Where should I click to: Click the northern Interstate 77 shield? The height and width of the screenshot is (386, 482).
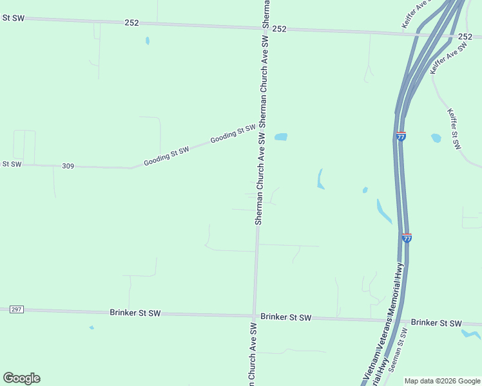coord(401,136)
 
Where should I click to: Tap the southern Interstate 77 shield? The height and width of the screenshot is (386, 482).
coord(407,237)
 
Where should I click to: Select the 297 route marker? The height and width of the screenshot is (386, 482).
coord(17,309)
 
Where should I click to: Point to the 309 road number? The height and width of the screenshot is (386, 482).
coord(68,166)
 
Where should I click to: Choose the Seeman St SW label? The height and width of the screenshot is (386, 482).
coord(400,350)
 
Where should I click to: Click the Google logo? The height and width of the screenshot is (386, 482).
coord(21,378)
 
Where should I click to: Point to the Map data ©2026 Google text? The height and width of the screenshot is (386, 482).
coord(443,381)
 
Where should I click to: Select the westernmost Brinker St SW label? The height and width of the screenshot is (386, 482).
coord(135,313)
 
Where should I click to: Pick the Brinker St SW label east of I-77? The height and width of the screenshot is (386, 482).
coord(436,322)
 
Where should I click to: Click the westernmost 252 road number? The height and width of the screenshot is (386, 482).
coord(131,23)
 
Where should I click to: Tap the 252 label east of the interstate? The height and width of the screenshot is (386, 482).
coord(465,37)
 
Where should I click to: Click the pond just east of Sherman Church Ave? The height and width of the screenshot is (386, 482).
coord(280,137)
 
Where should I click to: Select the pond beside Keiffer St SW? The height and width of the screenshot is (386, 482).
coord(436,138)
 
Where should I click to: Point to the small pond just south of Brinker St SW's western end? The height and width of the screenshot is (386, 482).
coord(92,327)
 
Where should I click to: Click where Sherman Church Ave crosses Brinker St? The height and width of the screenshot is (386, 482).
coord(255,316)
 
